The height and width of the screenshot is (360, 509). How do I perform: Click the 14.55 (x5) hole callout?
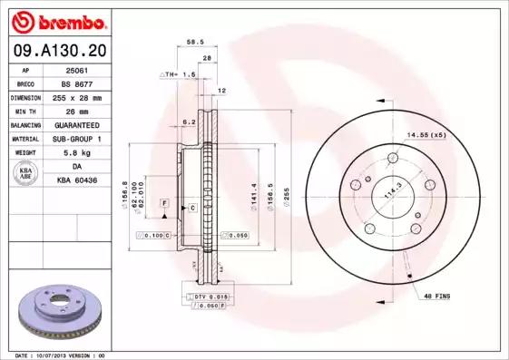click(x=426, y=135)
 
